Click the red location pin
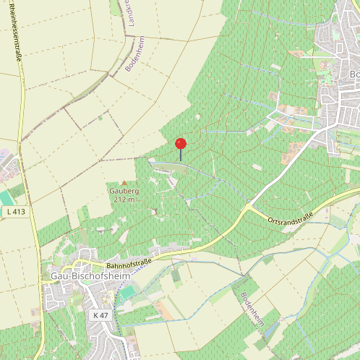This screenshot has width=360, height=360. [181, 145]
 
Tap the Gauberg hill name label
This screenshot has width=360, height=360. [124, 191]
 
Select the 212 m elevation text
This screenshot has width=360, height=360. [124, 200]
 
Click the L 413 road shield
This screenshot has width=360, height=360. [17, 212]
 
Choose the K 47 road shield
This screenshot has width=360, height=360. [100, 315]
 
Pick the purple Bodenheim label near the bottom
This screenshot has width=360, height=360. [254, 312]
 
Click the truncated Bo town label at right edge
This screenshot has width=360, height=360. [354, 74]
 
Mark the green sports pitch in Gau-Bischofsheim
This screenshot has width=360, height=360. [127, 293]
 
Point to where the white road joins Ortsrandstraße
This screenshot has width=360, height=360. [247, 205]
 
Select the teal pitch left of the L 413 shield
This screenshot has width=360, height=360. [6, 197]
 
